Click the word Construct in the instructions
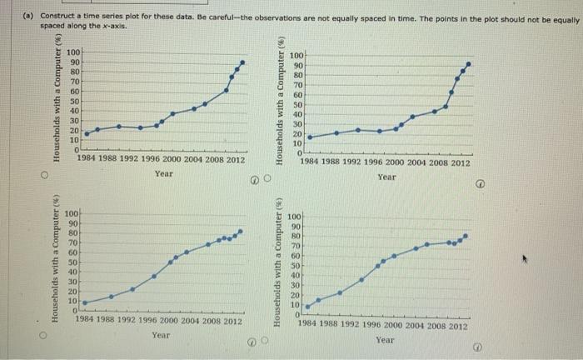coord(46,17)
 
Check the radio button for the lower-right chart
coord(267,342)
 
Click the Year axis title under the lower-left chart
coord(161,335)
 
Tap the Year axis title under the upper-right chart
coord(386,177)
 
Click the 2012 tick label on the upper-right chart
coord(458,163)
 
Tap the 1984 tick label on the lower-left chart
coord(86,320)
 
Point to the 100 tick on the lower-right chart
coord(294,217)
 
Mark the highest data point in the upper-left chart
coord(242,62)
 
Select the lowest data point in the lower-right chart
coord(307,307)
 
